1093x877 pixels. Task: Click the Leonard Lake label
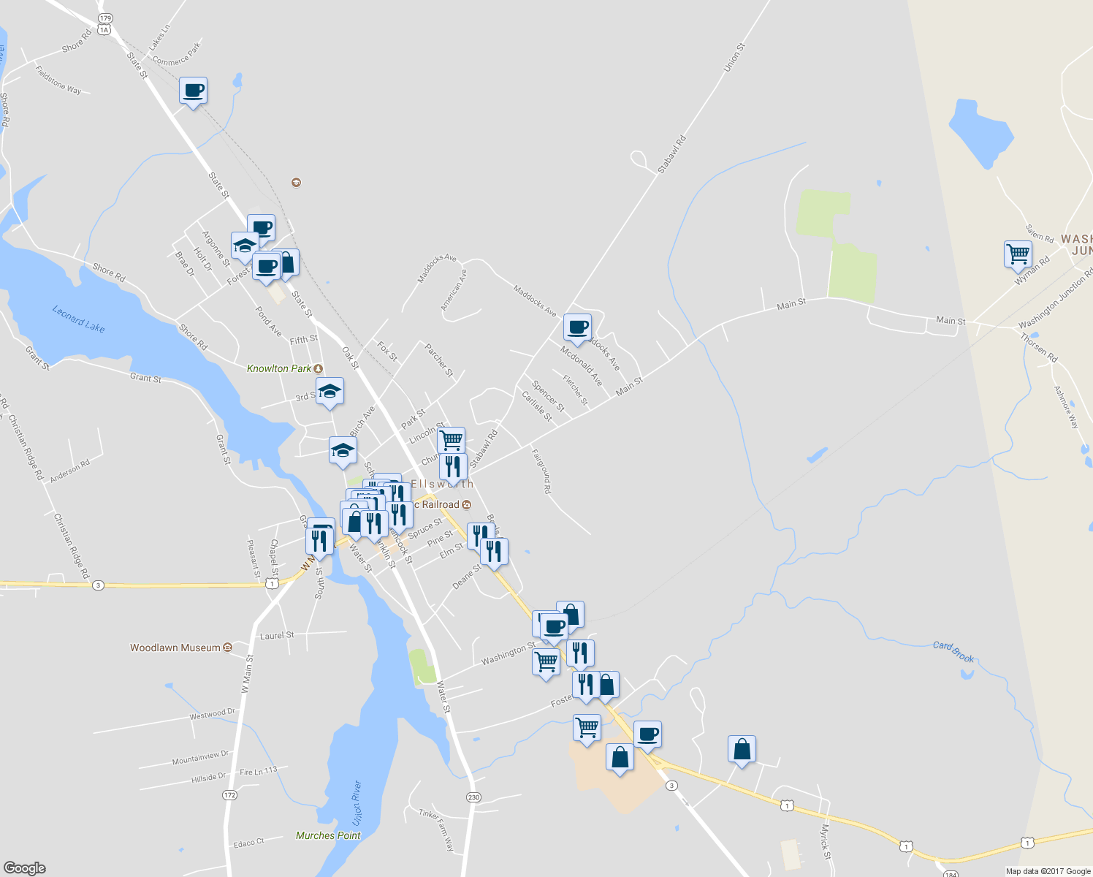point(78,319)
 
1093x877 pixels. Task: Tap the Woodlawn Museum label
point(175,648)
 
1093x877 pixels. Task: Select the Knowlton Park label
point(279,368)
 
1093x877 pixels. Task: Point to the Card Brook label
point(953,652)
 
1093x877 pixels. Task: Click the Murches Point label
point(328,835)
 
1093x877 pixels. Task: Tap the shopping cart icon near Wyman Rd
point(1018,254)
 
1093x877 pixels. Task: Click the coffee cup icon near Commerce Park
point(193,91)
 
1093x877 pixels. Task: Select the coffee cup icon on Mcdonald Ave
point(577,327)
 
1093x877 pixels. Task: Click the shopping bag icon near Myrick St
point(742,749)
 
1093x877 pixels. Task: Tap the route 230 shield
point(473,797)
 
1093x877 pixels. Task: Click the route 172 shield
point(230,794)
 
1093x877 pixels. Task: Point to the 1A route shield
point(104,30)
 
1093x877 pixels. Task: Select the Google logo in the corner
point(25,867)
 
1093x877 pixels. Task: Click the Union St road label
point(734,58)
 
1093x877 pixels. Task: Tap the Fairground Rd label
point(541,471)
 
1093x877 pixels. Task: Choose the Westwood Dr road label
point(213,713)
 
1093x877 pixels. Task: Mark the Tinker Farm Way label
point(437,829)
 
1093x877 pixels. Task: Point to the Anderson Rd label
point(70,470)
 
